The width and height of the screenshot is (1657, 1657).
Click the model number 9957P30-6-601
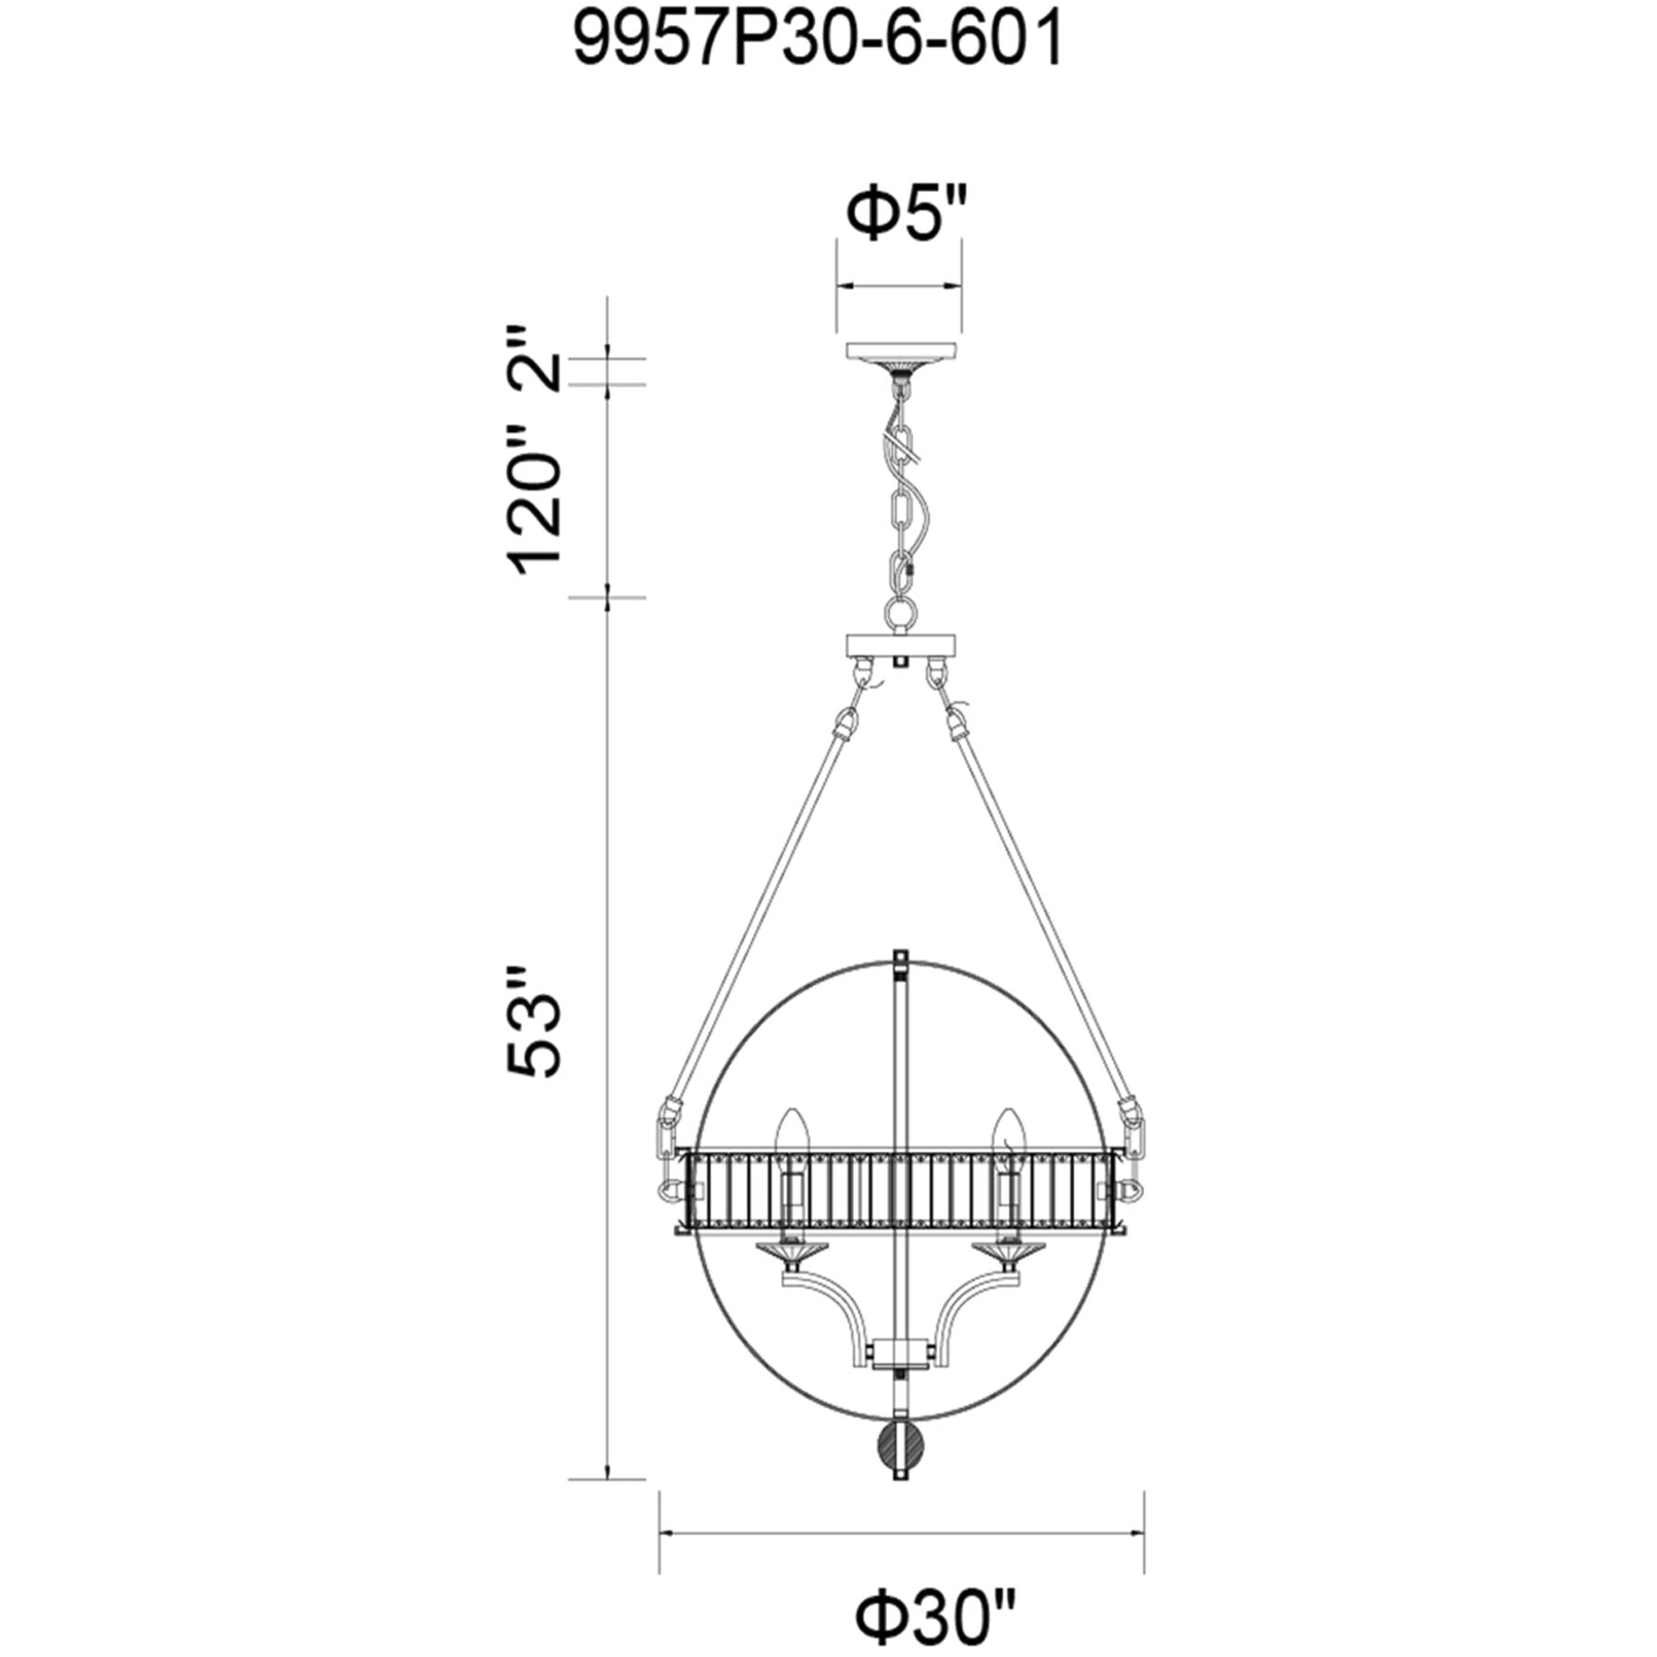pyautogui.click(x=818, y=42)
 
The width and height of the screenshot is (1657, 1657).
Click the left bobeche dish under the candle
pyautogui.click(x=790, y=1254)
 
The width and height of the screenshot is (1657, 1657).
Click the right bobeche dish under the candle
pyautogui.click(x=1006, y=1254)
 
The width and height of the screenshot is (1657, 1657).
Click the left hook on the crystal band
pyautogui.click(x=666, y=1190)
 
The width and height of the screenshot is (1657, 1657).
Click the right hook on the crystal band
pyautogui.click(x=1131, y=1190)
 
